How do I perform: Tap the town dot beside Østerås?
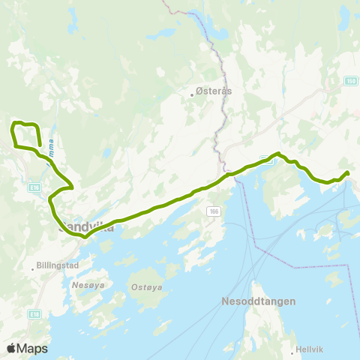[x=192, y=95]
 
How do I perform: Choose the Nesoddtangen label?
[x=258, y=301]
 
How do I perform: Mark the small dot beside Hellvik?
[x=292, y=349]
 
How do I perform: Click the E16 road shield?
[x=33, y=186]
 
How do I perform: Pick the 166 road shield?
[x=214, y=212]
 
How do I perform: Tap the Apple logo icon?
[x=11, y=349]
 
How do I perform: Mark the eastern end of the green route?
[x=347, y=173]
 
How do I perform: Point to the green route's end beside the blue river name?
[x=39, y=145]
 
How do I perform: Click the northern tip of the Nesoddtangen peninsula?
[x=253, y=284]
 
